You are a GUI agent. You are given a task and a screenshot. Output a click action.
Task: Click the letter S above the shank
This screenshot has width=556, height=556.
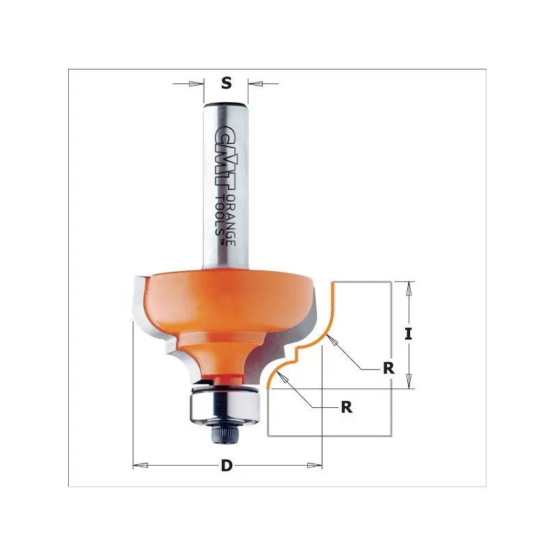[x=226, y=83]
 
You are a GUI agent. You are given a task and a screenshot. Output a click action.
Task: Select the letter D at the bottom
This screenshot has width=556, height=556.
[x=227, y=466]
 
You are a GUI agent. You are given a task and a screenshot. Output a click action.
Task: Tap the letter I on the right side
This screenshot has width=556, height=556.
[x=409, y=334]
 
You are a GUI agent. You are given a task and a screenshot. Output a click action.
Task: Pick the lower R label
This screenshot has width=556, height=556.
[x=346, y=408]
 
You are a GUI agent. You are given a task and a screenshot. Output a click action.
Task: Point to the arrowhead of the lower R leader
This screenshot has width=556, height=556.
[x=281, y=376]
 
